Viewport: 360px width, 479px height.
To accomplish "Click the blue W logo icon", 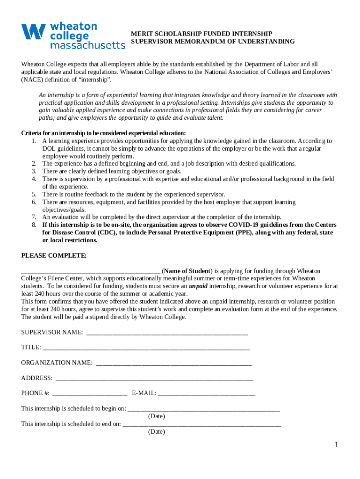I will pyautogui.click(x=33, y=32).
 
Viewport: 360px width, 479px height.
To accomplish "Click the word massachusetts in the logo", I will pyautogui.click(x=87, y=45).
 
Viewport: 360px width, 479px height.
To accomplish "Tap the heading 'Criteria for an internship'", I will pyautogui.click(x=103, y=133).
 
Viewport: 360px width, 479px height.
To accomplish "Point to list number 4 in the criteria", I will pyautogui.click(x=34, y=179).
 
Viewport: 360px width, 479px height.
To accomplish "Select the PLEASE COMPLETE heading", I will pyautogui.click(x=54, y=255).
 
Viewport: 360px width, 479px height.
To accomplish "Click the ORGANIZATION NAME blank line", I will pyautogui.click(x=174, y=363).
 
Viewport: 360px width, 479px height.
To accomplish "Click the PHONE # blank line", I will pyautogui.click(x=90, y=394).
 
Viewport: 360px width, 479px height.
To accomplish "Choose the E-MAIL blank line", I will pyautogui.click(x=207, y=394).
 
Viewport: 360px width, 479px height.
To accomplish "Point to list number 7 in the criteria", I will pyautogui.click(x=34, y=217).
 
